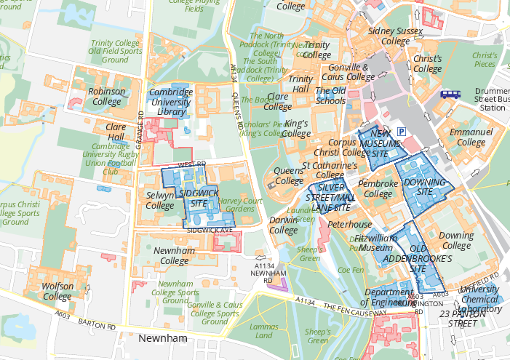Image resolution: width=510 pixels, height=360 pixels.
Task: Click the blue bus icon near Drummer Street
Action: tap(450, 94)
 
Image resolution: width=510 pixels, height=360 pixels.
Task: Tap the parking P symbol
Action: tap(401, 131)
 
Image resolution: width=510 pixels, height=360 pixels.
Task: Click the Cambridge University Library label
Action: tap(170, 103)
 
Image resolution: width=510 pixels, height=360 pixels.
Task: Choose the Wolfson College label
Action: tap(57, 291)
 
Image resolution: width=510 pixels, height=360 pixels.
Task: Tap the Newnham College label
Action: tap(174, 255)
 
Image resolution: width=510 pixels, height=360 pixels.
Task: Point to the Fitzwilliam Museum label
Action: tap(376, 242)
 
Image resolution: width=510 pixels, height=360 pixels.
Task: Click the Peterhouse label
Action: tap(349, 225)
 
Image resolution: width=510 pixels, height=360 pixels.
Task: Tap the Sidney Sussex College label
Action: tap(390, 36)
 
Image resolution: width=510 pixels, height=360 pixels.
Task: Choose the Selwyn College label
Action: tap(160, 201)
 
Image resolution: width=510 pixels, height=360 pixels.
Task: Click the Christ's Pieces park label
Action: tap(484, 60)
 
